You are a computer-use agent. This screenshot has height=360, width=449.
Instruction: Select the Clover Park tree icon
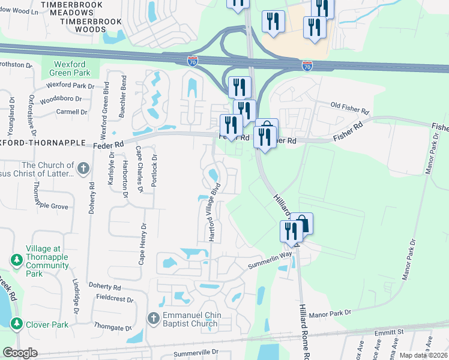click(x=16, y=325)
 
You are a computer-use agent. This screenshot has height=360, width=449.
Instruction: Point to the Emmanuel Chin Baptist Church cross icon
click(x=153, y=317)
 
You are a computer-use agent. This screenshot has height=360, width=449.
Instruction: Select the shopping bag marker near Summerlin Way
click(x=303, y=225)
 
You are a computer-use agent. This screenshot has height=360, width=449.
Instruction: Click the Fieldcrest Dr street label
click(x=115, y=297)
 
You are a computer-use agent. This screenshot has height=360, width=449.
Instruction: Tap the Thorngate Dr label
click(x=112, y=328)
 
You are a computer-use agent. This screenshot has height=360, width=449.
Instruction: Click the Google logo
click(x=20, y=353)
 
